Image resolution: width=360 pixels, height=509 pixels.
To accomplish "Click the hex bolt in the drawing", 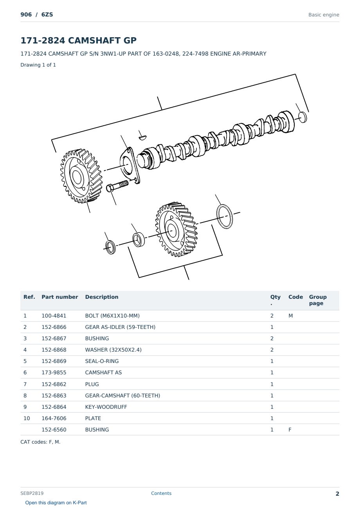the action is click(117, 186).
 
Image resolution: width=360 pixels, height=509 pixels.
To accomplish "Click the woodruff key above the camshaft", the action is click(143, 137).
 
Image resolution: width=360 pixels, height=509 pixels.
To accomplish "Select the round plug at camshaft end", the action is click(302, 117).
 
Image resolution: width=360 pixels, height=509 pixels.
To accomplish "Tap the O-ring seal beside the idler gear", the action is click(224, 217).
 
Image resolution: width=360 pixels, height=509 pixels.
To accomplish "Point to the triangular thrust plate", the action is click(130, 165).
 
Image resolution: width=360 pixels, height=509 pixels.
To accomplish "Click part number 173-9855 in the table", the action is click(54, 372).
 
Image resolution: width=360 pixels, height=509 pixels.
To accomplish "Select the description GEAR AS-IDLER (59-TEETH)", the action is click(120, 327).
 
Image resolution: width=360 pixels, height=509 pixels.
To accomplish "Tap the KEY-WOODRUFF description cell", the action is click(106, 407).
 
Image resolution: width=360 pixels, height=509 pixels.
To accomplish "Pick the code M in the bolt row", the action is click(290, 316).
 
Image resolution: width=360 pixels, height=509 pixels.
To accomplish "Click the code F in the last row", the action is click(290, 430).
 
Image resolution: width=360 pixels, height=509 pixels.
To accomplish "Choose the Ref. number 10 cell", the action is click(27, 418).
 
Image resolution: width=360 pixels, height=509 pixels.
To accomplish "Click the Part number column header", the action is click(60, 297).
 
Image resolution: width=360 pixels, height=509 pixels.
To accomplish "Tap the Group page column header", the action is click(318, 300).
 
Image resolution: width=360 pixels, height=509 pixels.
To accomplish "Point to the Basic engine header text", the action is click(324, 15).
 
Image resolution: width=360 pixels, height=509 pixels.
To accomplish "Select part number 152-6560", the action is click(54, 430).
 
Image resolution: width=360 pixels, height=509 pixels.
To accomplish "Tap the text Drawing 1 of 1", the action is click(38, 65).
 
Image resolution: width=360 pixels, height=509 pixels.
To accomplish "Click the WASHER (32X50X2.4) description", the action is click(113, 350).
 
